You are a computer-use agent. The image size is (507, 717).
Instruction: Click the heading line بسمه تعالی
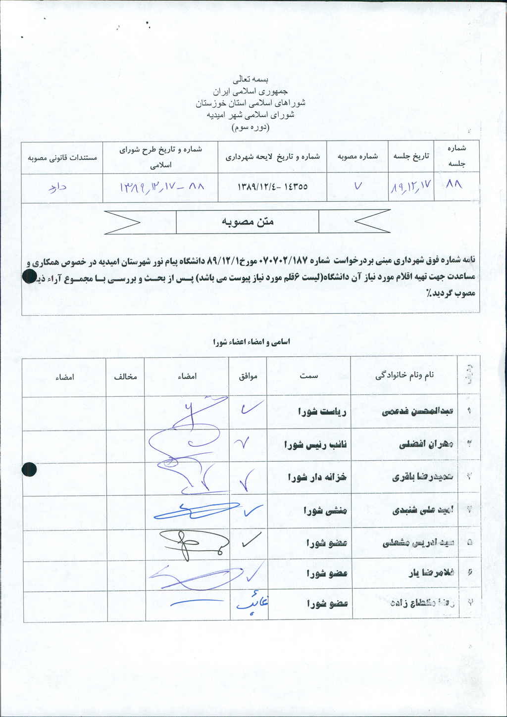coord(251,79)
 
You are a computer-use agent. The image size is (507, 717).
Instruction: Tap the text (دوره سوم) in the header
coord(251,127)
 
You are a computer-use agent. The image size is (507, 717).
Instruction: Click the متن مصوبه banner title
coord(248,222)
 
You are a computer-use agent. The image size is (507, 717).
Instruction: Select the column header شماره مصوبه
coord(357,156)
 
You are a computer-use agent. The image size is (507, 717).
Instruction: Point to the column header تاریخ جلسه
coord(411,156)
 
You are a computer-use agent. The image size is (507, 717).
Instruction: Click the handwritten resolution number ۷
coord(358,187)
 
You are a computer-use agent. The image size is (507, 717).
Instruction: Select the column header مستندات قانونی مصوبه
coord(62,158)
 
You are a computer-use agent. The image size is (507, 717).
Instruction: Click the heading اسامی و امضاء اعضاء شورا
coord(252,342)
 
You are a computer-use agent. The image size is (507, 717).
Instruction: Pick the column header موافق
coord(248,377)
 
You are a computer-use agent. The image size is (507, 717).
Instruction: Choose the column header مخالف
coord(125,377)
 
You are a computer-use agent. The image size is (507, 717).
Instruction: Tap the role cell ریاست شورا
coord(322,412)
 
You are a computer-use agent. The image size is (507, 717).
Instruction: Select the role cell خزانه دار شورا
coord(317,478)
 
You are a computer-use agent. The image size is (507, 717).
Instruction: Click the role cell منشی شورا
coord(325,511)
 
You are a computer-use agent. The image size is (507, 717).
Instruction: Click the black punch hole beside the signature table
coord(29,469)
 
